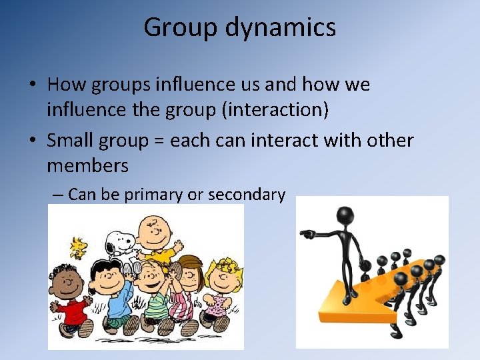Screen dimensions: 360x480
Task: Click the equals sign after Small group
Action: tap(160, 141)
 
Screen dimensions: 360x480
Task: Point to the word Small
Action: tap(73, 141)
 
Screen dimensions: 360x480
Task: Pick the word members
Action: tap(87, 164)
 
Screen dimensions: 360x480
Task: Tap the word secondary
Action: tap(247, 195)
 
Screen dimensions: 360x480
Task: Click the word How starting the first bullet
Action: tap(65, 85)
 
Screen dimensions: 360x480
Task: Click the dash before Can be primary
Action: tap(58, 195)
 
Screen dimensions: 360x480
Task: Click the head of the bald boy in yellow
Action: tap(154, 229)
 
